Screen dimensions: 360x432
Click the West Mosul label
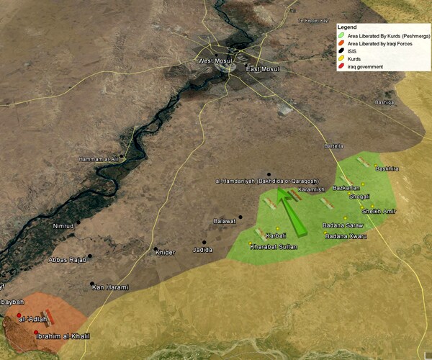(215, 61)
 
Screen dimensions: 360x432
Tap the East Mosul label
(262, 69)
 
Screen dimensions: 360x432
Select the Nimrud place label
(63, 226)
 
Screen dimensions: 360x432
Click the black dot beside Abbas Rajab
(89, 256)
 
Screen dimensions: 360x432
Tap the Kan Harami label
(110, 288)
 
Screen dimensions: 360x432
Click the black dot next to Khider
(156, 249)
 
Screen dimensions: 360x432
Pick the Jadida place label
(203, 250)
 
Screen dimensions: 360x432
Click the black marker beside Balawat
(240, 217)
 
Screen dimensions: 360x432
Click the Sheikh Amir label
(379, 211)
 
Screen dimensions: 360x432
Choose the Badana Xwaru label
(346, 236)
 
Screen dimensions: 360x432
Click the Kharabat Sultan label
(274, 247)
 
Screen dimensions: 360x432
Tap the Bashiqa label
(385, 102)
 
